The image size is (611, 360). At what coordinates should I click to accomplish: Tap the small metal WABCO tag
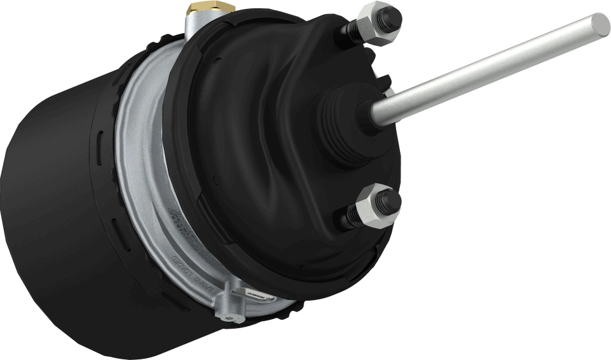click(255, 295)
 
